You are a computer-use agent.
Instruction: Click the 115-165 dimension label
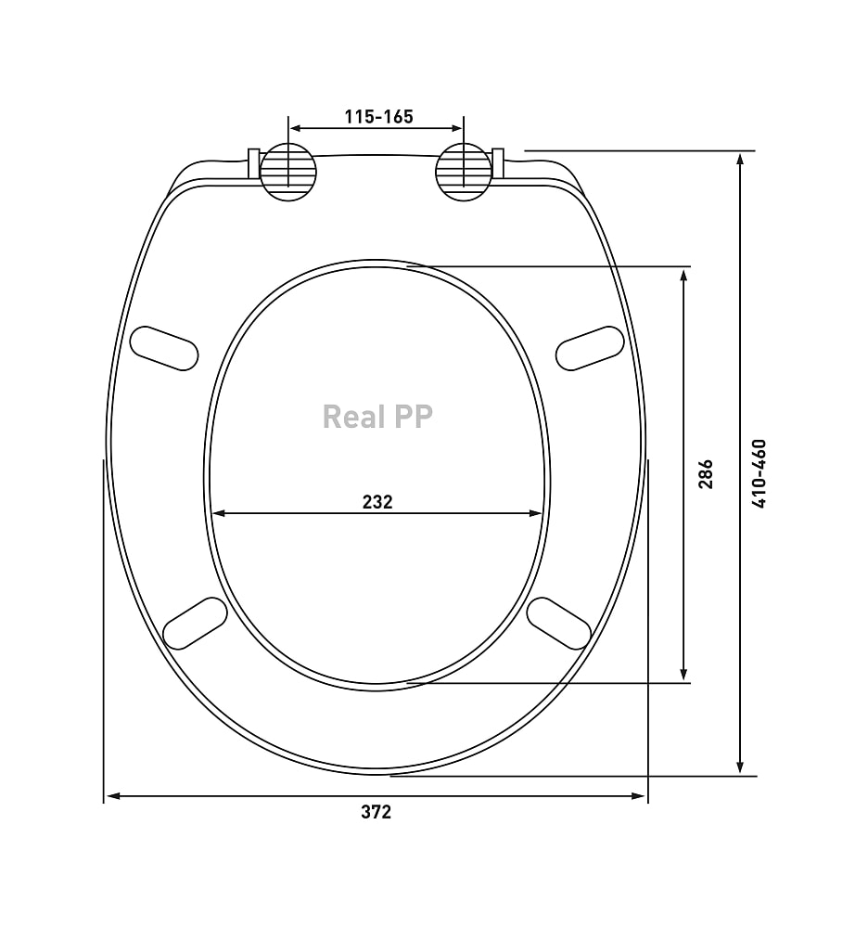tap(378, 117)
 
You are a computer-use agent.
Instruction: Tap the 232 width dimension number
tap(377, 502)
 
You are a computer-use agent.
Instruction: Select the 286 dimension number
tap(706, 473)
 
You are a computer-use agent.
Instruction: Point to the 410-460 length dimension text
tap(759, 473)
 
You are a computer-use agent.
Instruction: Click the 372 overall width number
tap(377, 812)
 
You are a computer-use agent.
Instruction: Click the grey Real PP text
tap(377, 417)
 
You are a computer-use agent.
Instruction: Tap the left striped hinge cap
tap(288, 173)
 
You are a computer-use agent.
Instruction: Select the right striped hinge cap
tap(464, 173)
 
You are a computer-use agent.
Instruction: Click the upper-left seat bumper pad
tap(164, 349)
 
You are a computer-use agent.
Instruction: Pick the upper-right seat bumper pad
tap(590, 349)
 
